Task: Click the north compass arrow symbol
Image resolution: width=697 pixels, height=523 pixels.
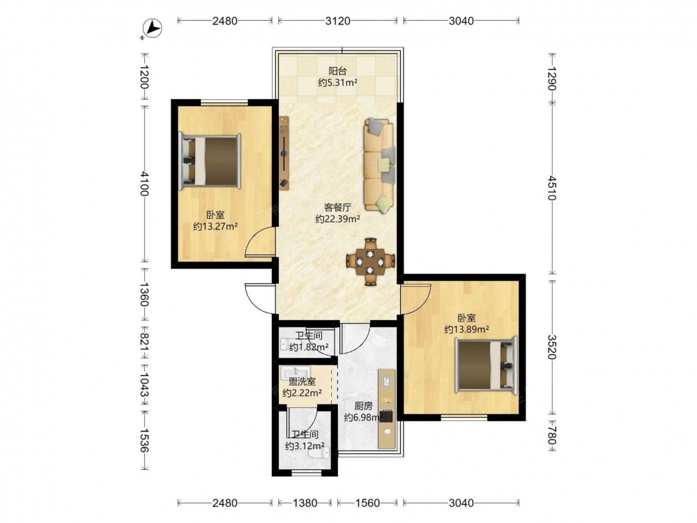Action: pos(154,29)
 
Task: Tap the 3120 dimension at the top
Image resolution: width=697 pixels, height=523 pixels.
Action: pos(337,20)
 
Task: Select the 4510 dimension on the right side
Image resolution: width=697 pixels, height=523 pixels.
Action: pos(551,188)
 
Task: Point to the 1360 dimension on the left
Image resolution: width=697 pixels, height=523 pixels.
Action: pos(144,294)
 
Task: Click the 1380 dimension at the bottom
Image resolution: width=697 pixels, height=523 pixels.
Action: pos(305,503)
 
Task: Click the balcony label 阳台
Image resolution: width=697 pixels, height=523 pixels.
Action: pos(337,70)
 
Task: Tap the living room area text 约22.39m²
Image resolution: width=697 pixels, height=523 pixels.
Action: pos(337,219)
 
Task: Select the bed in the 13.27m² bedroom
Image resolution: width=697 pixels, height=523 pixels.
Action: pos(210,162)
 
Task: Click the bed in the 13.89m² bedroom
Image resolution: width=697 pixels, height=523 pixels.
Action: pos(487,365)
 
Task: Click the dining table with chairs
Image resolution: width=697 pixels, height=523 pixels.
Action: pos(370,261)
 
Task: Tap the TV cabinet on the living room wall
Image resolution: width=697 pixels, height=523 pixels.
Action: pos(284,153)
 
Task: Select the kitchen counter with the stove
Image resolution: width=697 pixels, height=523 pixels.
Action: pos(387,408)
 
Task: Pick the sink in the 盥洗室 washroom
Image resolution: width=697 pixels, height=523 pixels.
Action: pos(295,372)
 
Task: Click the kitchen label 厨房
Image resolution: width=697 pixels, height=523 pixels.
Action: pos(363,406)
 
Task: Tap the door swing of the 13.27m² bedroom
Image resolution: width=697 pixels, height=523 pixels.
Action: pos(260,243)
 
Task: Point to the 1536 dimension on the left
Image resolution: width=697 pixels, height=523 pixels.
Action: pos(144,441)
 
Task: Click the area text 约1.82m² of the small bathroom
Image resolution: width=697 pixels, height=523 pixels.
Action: pos(309,347)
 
